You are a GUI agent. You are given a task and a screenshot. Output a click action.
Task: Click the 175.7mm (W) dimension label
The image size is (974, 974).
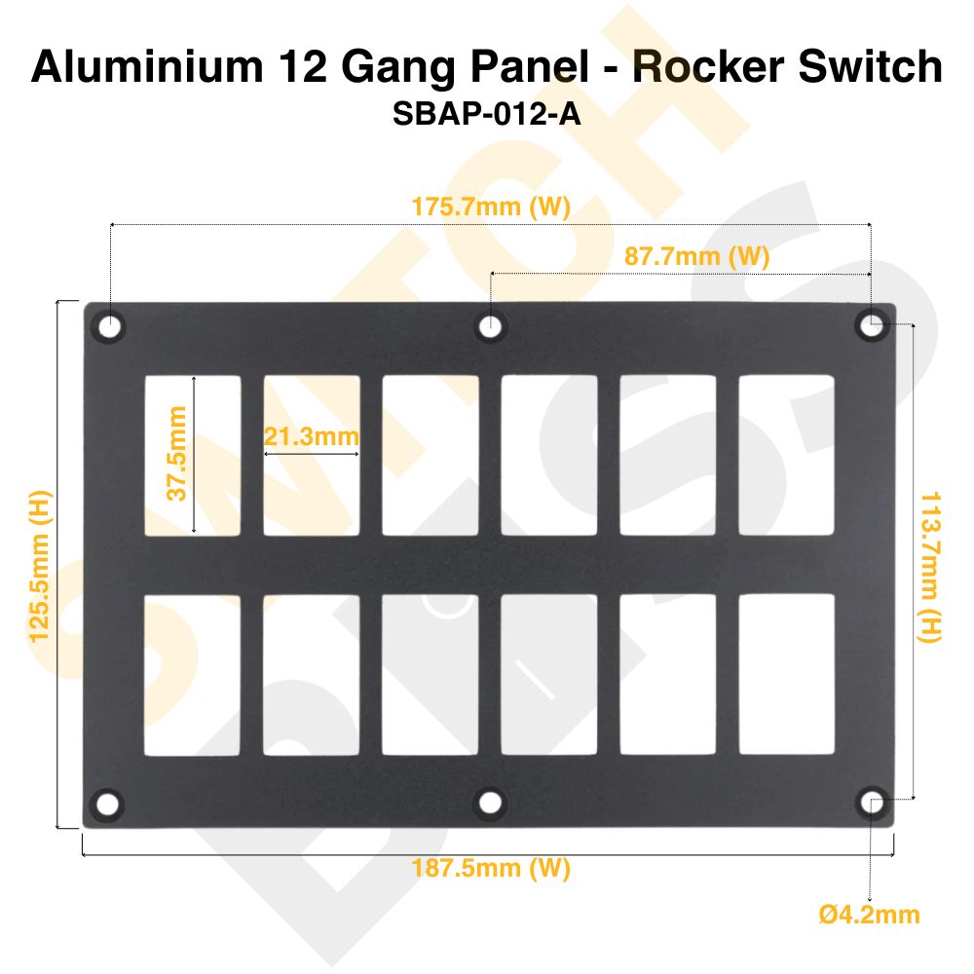tap(490, 208)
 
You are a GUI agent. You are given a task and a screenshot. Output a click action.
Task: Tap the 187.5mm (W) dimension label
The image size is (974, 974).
tap(490, 869)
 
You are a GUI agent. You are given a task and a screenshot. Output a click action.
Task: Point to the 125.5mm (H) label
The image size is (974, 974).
tap(40, 564)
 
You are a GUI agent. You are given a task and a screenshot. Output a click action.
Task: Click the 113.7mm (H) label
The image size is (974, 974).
tap(930, 565)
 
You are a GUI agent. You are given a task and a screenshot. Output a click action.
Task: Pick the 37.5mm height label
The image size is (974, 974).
tap(176, 454)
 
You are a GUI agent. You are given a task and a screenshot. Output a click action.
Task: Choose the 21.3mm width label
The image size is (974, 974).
tap(312, 437)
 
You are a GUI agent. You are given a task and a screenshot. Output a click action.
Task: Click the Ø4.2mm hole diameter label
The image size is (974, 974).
tap(870, 915)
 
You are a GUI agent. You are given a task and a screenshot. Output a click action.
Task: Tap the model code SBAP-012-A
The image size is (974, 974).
tap(486, 115)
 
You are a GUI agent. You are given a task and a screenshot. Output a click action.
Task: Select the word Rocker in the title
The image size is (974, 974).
tap(698, 67)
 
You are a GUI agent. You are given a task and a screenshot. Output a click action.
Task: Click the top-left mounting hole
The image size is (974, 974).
tap(110, 326)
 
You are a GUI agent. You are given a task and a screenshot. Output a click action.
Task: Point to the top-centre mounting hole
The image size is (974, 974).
tap(492, 326)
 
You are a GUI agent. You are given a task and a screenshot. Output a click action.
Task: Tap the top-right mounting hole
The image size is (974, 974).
tap(871, 326)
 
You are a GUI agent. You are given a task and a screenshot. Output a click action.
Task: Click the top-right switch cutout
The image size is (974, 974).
tap(787, 455)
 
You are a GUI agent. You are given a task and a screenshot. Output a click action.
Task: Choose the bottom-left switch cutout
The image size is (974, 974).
tap(193, 675)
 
